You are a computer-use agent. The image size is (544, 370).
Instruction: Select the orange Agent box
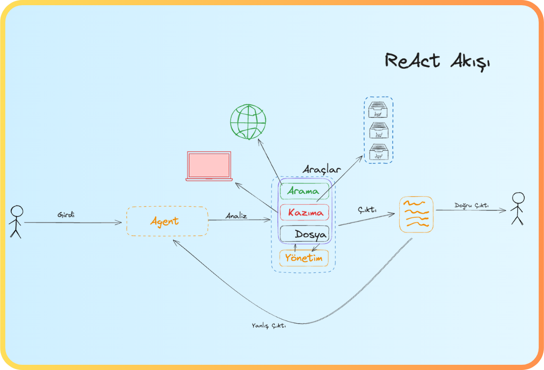[x=167, y=221]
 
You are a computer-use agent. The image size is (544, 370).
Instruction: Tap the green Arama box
[x=304, y=191]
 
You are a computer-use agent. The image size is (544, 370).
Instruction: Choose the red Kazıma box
[x=304, y=212]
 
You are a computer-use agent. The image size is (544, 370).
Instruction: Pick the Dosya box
[x=304, y=234]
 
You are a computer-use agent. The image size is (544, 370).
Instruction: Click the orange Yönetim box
[x=304, y=258]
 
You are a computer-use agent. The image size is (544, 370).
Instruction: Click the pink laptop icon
[x=209, y=166]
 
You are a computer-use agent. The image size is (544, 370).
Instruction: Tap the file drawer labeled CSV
[x=378, y=130]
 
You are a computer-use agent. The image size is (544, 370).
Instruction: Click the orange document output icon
[x=416, y=214]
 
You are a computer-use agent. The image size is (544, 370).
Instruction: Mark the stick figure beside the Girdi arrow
[x=17, y=221]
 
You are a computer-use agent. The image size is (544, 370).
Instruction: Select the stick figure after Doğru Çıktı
[x=518, y=208]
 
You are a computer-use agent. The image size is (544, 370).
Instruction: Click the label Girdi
[x=66, y=215]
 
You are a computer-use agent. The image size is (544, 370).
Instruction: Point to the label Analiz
[x=236, y=216]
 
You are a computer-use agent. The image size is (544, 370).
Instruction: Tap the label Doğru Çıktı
[x=471, y=206]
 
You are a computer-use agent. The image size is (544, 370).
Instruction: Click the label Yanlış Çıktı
[x=269, y=326]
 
